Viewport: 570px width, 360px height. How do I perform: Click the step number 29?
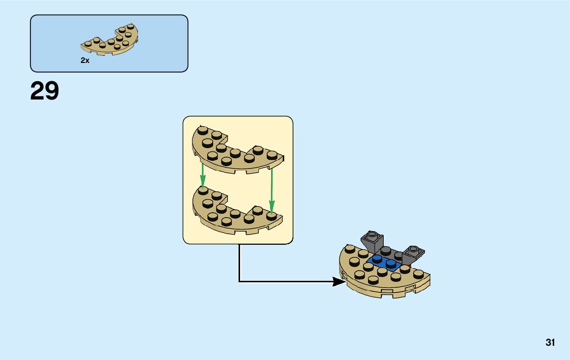tap(45, 91)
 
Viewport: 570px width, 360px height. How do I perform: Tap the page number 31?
tap(550, 343)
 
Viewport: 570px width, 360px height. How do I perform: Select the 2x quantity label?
tap(85, 60)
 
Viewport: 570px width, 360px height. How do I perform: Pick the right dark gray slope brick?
tap(412, 254)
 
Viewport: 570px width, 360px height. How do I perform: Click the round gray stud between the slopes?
tap(387, 250)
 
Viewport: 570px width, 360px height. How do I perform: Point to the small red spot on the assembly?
tap(410, 265)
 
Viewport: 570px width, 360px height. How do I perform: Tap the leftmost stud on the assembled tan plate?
tap(349, 249)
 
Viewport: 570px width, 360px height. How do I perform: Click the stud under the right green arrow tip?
tap(272, 216)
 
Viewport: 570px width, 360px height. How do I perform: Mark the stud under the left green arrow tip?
tap(203, 190)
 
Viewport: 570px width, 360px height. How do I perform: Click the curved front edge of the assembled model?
tap(386, 291)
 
